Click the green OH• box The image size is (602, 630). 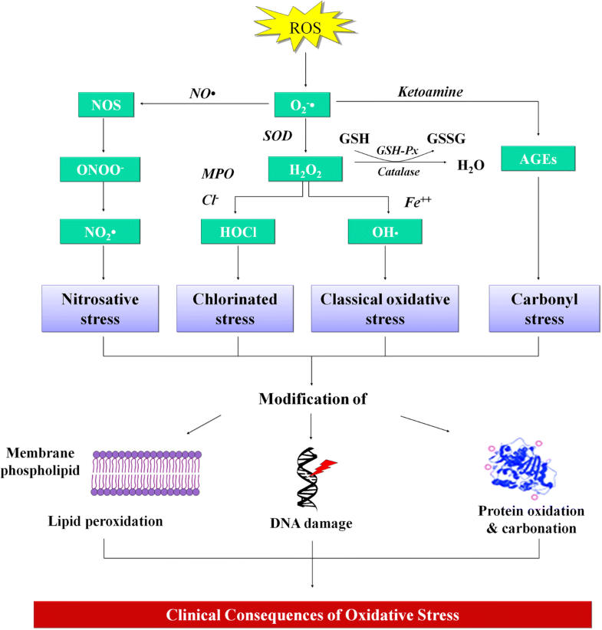pyautogui.click(x=385, y=231)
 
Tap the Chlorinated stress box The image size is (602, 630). pyautogui.click(x=237, y=308)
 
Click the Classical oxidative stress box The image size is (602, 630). pyautogui.click(x=386, y=308)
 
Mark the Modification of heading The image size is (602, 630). pyautogui.click(x=312, y=399)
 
